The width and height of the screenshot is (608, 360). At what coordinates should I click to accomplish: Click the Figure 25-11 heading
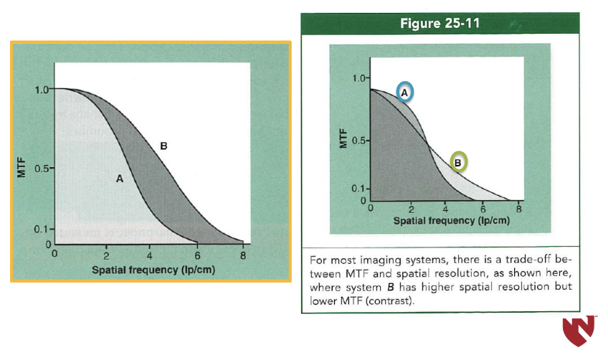(x=440, y=23)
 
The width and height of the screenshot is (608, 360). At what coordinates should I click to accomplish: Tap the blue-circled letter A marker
(x=404, y=93)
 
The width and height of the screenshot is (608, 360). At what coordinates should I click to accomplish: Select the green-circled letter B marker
(x=458, y=162)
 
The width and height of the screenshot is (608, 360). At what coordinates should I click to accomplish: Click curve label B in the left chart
(x=163, y=146)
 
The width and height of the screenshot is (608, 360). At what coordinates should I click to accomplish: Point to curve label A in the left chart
(x=120, y=179)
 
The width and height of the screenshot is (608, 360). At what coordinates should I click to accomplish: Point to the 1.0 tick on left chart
(x=41, y=90)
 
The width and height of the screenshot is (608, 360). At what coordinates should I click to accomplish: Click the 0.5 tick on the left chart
(x=41, y=169)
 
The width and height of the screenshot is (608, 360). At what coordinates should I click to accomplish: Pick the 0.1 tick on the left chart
(x=41, y=229)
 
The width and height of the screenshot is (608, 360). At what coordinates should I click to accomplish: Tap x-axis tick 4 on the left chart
(x=149, y=255)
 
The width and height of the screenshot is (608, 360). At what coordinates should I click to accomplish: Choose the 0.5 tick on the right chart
(x=358, y=141)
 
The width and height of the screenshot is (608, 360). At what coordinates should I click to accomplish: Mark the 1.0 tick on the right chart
(x=358, y=78)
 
